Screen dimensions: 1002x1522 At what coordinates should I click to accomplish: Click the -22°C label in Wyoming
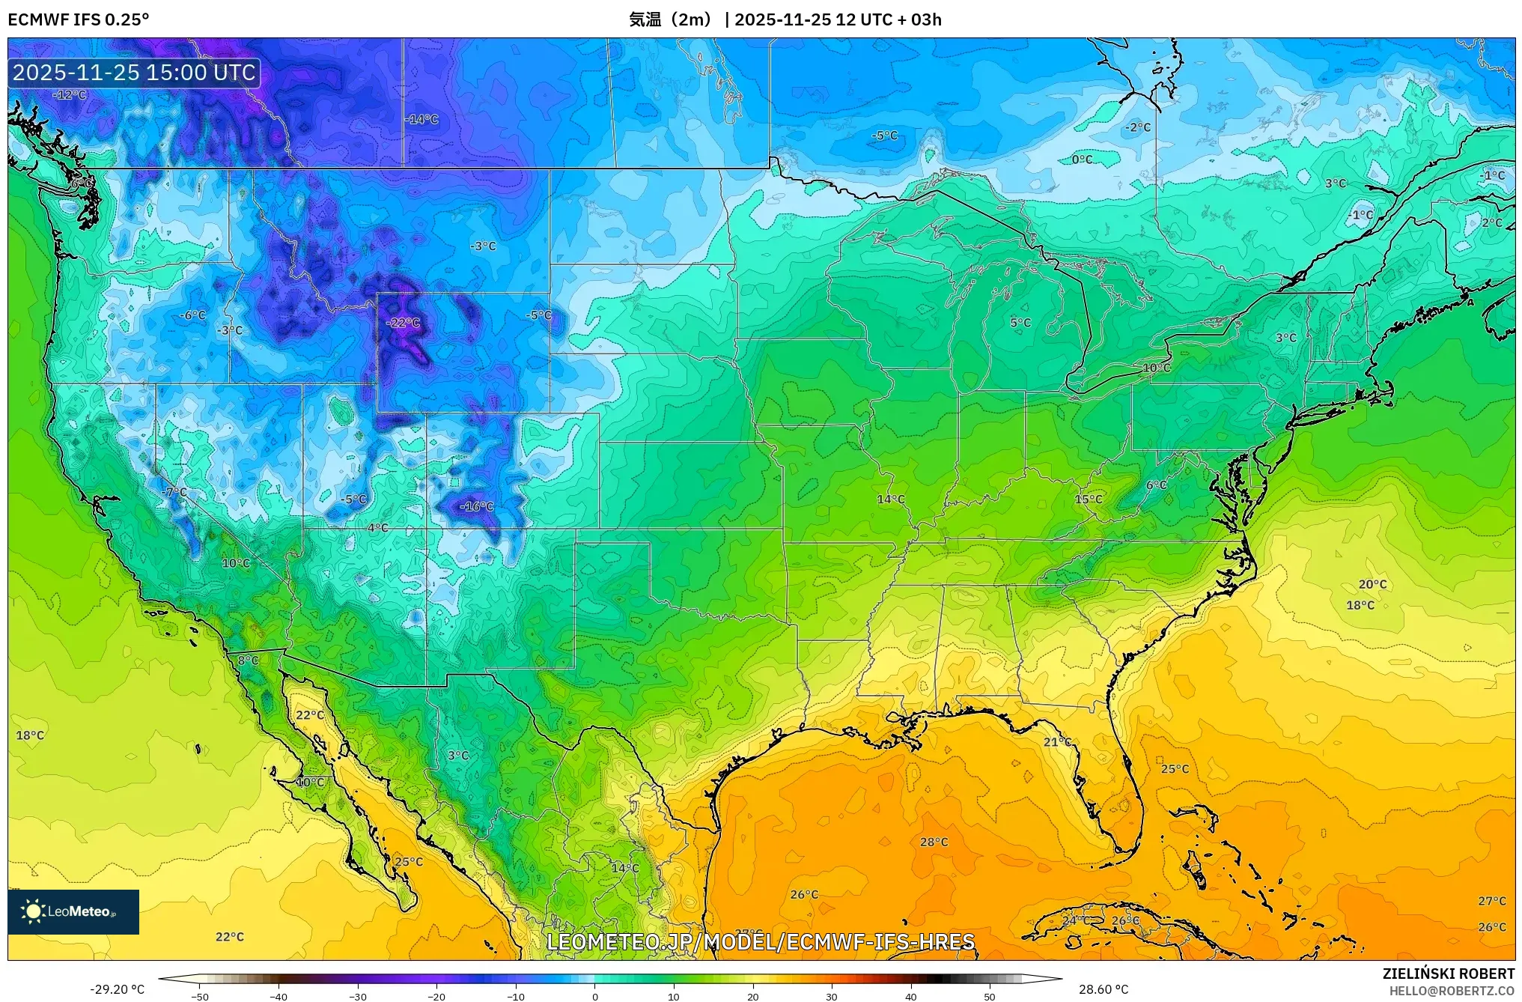[x=403, y=323]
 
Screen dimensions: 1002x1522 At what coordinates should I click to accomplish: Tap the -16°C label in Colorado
[x=477, y=507]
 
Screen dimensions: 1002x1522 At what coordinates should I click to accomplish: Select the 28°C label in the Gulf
[x=934, y=842]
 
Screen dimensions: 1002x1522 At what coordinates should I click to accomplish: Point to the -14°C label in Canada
[x=421, y=119]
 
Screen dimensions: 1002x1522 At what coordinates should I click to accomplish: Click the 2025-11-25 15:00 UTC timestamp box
[x=134, y=73]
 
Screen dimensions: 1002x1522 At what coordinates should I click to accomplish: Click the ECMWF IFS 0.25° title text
[x=79, y=19]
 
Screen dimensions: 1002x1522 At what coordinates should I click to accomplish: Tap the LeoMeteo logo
[x=73, y=911]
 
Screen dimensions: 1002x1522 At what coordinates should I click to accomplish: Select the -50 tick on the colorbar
[x=200, y=996]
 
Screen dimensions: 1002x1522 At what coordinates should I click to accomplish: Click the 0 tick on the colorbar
[x=595, y=996]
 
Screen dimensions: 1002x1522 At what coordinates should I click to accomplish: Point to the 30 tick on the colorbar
[x=832, y=996]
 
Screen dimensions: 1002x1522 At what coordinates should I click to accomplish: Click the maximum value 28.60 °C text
[x=1103, y=989]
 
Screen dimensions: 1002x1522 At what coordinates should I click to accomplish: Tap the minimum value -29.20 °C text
[x=118, y=989]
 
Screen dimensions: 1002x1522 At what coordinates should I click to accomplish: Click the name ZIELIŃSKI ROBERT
[x=1448, y=974]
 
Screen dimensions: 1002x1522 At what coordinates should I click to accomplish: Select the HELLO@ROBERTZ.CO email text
[x=1452, y=991]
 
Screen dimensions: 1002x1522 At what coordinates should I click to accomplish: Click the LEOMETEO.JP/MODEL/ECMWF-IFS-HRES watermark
[x=761, y=942]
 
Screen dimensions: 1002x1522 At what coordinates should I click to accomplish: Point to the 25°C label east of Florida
[x=1175, y=768]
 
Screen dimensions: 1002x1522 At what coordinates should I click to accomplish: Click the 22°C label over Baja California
[x=310, y=715]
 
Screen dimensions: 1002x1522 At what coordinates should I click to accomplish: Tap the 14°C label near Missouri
[x=890, y=500]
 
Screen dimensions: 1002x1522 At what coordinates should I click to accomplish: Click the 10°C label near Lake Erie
[x=1156, y=368]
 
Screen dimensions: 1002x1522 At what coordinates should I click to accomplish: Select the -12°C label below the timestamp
[x=70, y=95]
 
